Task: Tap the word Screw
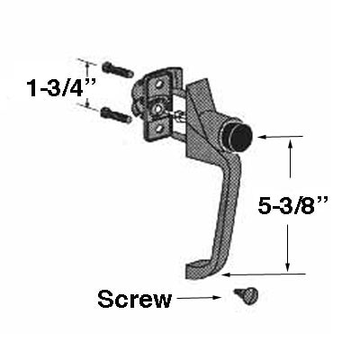tap(135, 299)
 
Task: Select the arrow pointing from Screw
tap(199, 298)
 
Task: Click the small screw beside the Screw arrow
tap(247, 295)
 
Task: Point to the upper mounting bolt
tap(118, 69)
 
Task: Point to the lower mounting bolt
tap(116, 115)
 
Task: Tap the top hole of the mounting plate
tap(159, 84)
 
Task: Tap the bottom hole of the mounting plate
tap(159, 129)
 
